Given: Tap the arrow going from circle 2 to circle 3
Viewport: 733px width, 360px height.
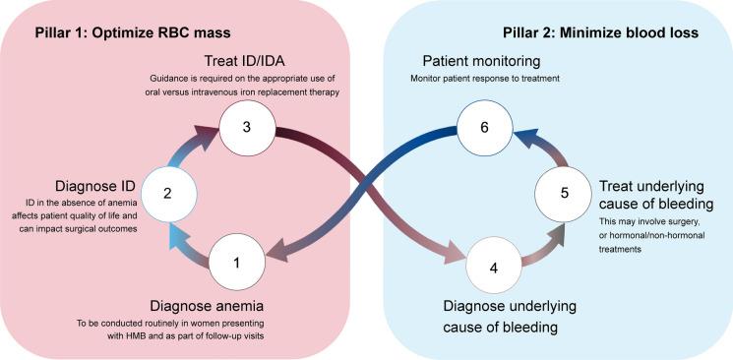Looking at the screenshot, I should tap(193, 152).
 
